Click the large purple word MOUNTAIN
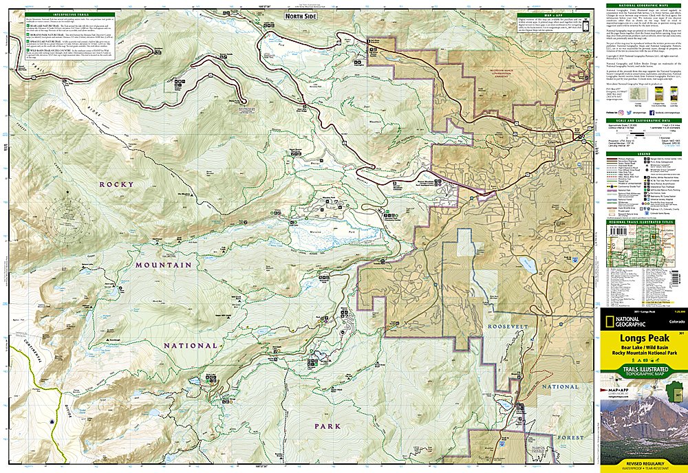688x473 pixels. tap(164, 264)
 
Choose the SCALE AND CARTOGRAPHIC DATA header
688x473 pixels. tap(643, 120)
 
